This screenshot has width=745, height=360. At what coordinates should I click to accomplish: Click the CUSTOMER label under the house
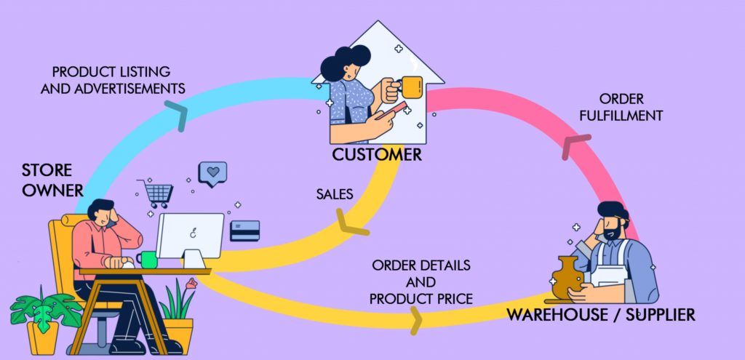377,155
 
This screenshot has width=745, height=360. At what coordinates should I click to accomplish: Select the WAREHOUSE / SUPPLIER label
601,315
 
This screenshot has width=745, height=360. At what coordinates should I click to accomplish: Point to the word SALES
335,194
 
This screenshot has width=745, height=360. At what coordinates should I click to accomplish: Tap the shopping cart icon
156,193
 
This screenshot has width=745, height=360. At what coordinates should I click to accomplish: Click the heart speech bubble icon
212,173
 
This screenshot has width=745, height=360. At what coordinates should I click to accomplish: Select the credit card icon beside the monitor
244,231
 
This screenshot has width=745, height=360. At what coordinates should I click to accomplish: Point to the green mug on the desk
148,260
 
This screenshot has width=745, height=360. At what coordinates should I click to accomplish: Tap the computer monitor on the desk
191,236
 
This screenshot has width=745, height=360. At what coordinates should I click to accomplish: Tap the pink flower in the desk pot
191,283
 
